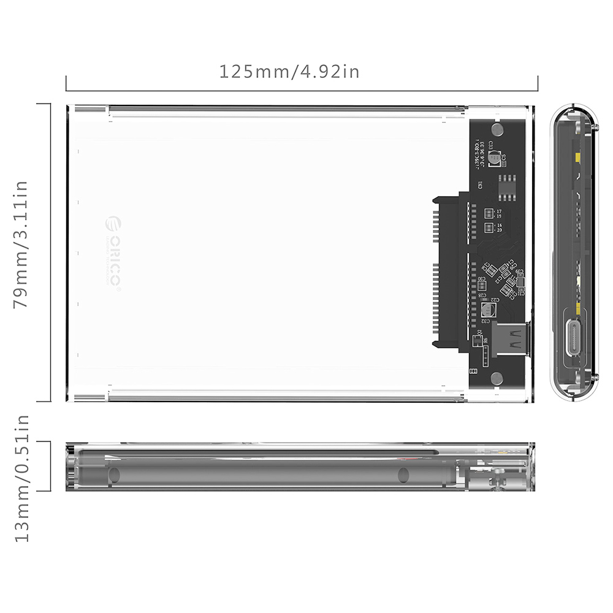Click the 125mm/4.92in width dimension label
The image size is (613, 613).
pyautogui.click(x=289, y=72)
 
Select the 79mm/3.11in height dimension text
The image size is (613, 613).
pyautogui.click(x=21, y=245)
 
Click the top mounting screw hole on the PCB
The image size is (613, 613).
pyautogui.click(x=497, y=129)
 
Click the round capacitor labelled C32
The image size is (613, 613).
pyautogui.click(x=488, y=310)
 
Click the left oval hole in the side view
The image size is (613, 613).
pyautogui.click(x=115, y=475)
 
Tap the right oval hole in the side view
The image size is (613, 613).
pyautogui.click(x=403, y=475)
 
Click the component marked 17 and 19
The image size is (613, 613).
pyautogui.click(x=489, y=214)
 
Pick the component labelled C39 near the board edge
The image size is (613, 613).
pyautogui.click(x=520, y=283)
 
